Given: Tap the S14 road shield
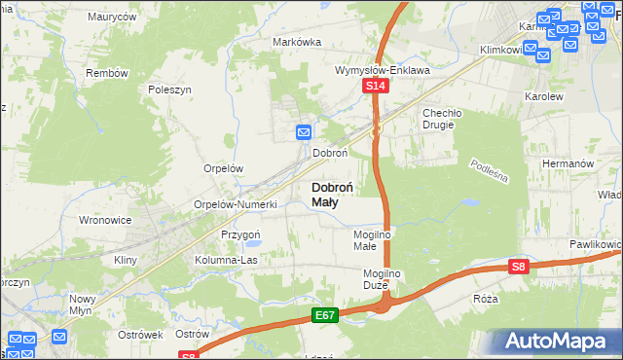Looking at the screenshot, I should [378, 88].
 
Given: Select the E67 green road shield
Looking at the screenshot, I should [325, 315].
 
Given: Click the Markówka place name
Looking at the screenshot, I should [297, 42].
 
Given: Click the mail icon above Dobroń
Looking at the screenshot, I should [304, 131].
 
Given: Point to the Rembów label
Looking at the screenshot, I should [107, 73].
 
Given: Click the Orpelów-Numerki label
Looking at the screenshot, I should [237, 204].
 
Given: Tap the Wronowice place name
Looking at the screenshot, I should [105, 220].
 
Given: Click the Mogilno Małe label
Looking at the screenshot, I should [371, 240].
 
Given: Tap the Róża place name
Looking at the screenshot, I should [484, 299].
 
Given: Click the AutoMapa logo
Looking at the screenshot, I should [557, 341].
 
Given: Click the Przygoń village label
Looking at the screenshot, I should [239, 234].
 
